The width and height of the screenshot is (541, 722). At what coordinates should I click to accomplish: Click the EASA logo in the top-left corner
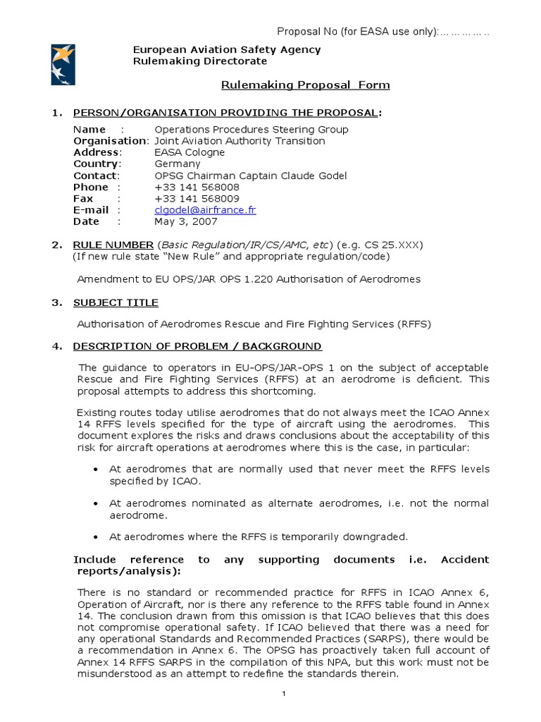coord(63,64)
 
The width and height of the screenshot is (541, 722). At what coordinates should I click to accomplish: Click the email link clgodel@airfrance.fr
coord(205,210)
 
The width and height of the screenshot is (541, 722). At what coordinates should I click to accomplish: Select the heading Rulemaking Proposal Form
coord(305,85)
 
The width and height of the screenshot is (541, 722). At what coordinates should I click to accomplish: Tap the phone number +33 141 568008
coord(197,187)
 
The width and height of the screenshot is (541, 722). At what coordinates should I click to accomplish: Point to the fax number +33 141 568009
coord(197,199)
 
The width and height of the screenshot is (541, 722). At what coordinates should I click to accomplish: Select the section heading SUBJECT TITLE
coord(116,302)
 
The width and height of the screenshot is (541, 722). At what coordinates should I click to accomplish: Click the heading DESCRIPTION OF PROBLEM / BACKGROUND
coord(197,346)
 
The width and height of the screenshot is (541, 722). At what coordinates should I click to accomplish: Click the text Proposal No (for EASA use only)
coord(357,32)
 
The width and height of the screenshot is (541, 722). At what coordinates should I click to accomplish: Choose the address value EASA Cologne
coord(189,152)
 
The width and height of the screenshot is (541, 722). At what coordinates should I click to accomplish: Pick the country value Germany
coord(178,164)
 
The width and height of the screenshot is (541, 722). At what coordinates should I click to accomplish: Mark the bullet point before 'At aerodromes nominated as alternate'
coord(96,503)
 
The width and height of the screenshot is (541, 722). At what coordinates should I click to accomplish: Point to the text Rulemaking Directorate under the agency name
coord(200,61)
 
